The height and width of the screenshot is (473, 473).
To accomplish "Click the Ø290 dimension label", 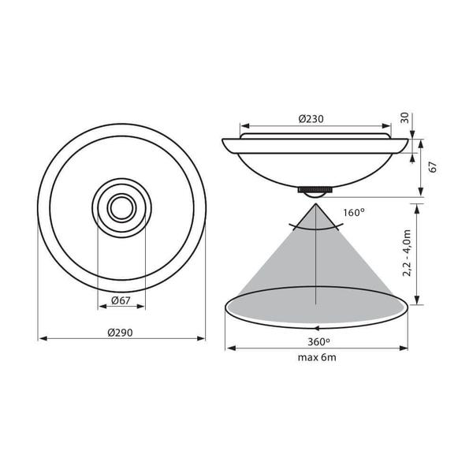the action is click(x=120, y=333).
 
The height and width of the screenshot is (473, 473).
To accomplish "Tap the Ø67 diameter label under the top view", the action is click(x=121, y=300).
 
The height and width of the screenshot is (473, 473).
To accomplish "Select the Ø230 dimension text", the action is click(x=311, y=119).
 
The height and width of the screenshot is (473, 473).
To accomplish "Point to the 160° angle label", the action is click(x=354, y=213).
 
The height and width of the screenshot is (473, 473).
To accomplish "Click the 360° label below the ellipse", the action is click(x=318, y=342).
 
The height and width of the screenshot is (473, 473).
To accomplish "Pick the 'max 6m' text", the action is click(x=317, y=357).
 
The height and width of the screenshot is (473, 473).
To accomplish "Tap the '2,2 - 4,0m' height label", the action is click(x=407, y=253).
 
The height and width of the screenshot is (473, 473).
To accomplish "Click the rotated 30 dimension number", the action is click(x=404, y=117).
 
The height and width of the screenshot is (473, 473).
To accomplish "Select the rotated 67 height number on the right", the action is click(x=433, y=167).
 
